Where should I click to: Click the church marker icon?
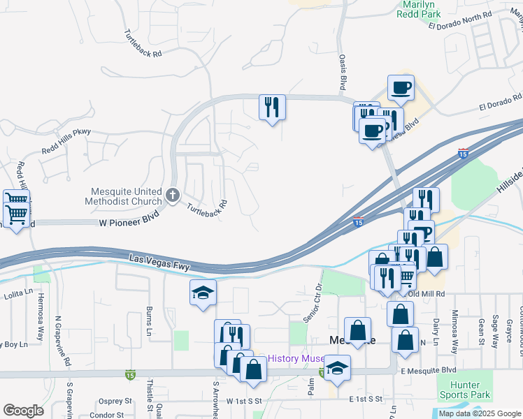click(173, 195)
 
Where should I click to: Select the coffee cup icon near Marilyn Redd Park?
click(401, 89)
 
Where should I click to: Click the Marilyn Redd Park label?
click(417, 8)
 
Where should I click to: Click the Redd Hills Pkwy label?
click(66, 131)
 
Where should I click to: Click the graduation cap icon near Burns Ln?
click(203, 293)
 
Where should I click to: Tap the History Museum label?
click(295, 358)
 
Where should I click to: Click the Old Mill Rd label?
click(429, 294)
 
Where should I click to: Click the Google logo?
click(23, 411)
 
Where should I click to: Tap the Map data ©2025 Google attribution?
click(480, 413)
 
